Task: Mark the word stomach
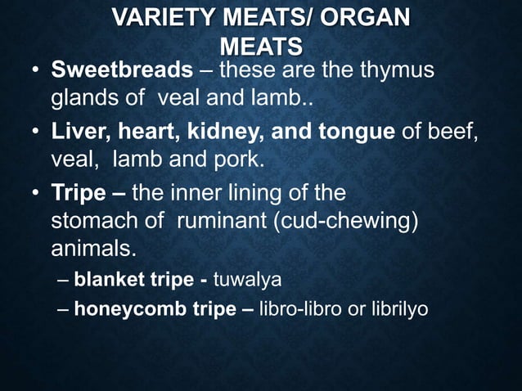(90, 221)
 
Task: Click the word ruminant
(219, 221)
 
